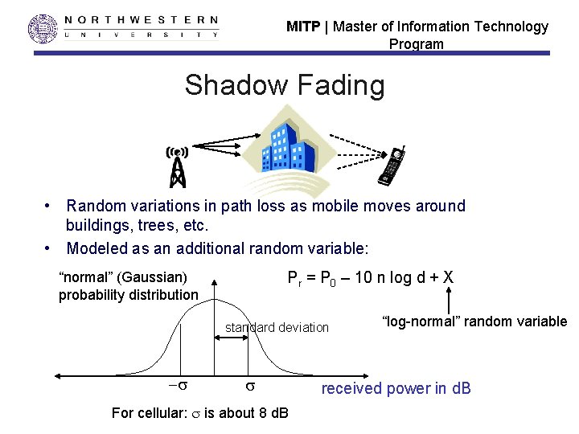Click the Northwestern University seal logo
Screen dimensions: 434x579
click(43, 28)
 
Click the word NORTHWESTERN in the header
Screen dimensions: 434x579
click(141, 19)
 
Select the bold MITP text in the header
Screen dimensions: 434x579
click(302, 27)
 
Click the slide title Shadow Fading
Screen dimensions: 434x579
click(285, 84)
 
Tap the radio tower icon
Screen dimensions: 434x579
click(177, 165)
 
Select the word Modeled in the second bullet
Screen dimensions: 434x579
click(97, 248)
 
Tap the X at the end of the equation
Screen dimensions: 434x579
click(447, 278)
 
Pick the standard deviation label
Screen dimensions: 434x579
click(277, 327)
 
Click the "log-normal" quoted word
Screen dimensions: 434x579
click(416, 321)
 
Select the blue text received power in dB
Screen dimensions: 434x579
click(396, 389)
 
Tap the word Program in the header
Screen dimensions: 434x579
click(416, 44)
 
